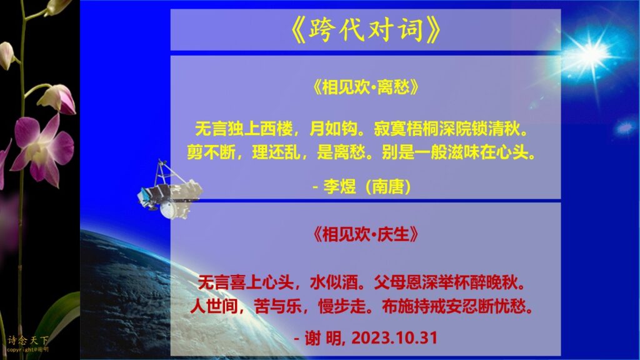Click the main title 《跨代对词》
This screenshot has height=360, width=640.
[x=365, y=30]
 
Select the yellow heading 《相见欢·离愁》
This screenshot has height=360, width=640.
[x=365, y=87]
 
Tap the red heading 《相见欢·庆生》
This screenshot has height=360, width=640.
[x=365, y=234]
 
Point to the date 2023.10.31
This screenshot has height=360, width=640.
[x=394, y=338]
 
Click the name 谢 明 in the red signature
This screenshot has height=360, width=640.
[x=325, y=338]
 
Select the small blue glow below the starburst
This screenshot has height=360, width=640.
[x=624, y=127]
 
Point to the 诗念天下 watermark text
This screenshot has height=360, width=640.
[x=27, y=340]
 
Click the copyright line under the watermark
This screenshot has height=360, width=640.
[x=27, y=350]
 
